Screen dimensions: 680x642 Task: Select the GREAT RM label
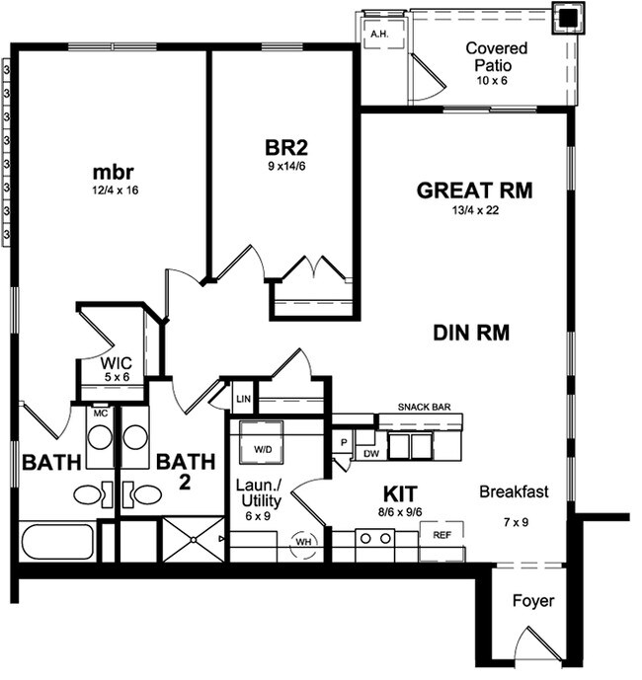click(x=474, y=190)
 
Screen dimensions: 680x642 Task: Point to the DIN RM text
click(x=471, y=333)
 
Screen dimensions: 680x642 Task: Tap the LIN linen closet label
click(x=243, y=399)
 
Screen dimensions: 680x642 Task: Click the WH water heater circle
click(x=303, y=541)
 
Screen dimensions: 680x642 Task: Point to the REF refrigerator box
click(x=441, y=533)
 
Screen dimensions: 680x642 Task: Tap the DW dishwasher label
click(x=370, y=454)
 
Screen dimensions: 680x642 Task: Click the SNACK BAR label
click(x=426, y=407)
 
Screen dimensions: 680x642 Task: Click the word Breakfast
click(x=514, y=491)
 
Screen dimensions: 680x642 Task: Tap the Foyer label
click(x=533, y=600)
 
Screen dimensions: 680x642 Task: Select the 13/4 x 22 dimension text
click(x=474, y=209)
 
